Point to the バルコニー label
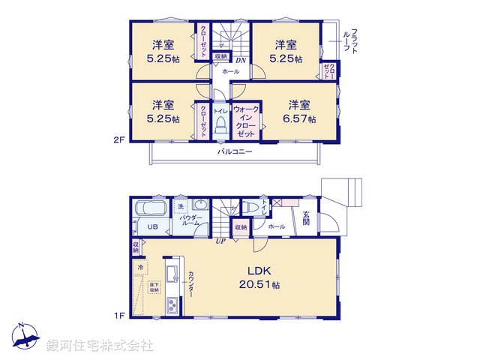[235, 151]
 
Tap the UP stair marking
[220, 241]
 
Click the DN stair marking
[240, 61]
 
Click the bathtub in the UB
[152, 208]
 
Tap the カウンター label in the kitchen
[191, 283]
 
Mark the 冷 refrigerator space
[140, 266]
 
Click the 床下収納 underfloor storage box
[154, 286]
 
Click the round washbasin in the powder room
[199, 205]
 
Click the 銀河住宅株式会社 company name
[99, 346]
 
